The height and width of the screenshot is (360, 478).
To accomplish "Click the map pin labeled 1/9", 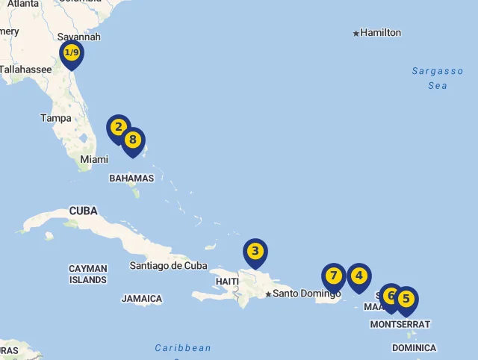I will pos(72,53).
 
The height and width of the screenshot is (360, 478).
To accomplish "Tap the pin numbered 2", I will pos(118,128).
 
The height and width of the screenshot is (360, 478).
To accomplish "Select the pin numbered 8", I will pos(133,140).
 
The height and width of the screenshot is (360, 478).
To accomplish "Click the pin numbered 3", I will pos(255,252).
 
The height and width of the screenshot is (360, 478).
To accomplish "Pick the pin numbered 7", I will pos(334,276).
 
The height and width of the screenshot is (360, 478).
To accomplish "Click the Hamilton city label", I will pos(380,33).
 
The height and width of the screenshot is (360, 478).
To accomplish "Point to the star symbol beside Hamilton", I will pos(356,33).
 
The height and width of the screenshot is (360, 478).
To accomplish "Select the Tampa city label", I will pos(56,118).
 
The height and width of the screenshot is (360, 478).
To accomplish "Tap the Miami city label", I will pos(94,159).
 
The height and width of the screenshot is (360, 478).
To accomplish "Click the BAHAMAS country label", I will pos(131,179).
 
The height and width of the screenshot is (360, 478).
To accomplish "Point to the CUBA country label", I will pos(84,211).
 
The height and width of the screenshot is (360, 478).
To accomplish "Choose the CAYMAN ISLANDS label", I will pos(88,274).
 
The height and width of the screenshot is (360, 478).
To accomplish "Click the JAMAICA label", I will pos(142,299).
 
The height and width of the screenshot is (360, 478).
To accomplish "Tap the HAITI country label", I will pos(227,282).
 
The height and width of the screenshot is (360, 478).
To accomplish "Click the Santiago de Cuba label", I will pos(168,265).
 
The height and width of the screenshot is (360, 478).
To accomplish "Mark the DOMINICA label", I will pos(414,348).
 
